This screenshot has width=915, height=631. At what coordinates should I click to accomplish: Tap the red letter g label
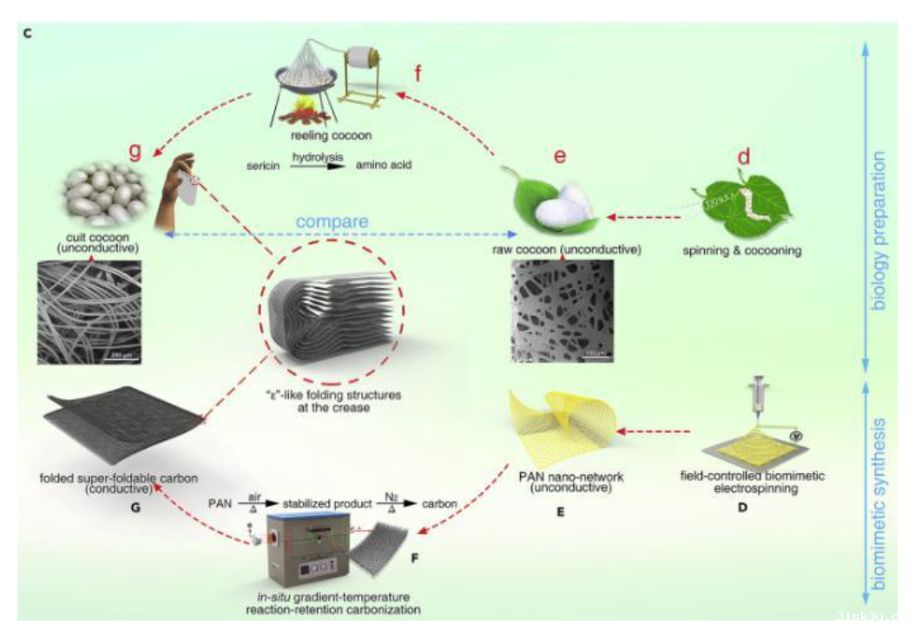coord(134,152)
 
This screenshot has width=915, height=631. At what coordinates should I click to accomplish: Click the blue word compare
coord(332,223)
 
